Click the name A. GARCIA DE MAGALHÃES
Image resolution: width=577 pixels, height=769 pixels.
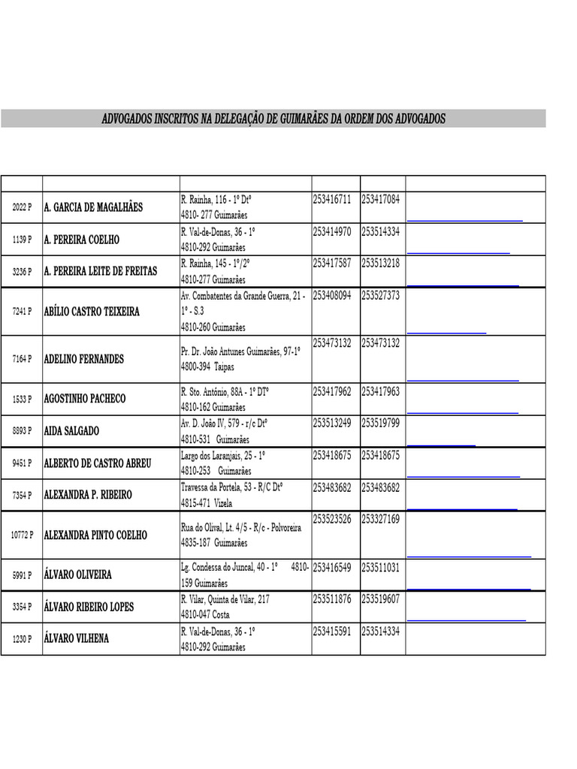(x=93, y=207)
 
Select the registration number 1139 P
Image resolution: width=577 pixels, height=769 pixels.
(x=22, y=240)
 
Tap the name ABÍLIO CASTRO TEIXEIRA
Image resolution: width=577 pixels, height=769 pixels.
(x=92, y=312)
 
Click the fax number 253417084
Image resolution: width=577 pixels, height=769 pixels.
(x=381, y=200)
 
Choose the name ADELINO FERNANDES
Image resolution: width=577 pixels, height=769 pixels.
(x=84, y=359)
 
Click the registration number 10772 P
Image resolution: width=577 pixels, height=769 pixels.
(x=22, y=535)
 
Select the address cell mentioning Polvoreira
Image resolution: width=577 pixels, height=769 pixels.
(x=241, y=535)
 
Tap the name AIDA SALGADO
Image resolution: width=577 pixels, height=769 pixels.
(x=71, y=431)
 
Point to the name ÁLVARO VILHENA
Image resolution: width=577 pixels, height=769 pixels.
(x=77, y=638)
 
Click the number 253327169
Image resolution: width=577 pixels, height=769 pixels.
(x=381, y=519)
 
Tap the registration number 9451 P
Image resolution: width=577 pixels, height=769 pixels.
(x=22, y=463)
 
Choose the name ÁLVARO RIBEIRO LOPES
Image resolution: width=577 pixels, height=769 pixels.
(x=89, y=607)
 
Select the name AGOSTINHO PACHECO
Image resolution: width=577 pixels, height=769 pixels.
(x=85, y=399)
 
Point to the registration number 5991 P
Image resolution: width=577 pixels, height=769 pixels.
(x=22, y=575)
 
